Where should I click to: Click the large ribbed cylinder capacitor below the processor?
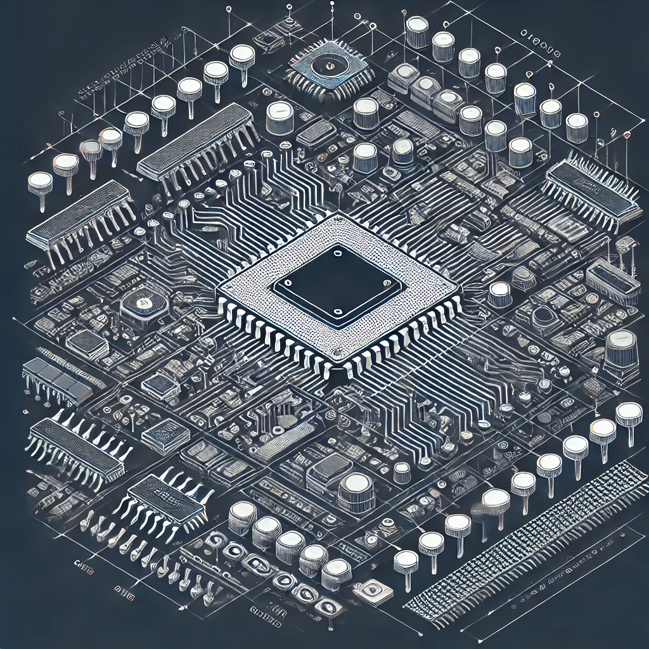(x=356, y=491)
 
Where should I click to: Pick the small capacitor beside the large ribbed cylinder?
(x=402, y=472)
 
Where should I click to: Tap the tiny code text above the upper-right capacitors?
(x=540, y=33)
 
